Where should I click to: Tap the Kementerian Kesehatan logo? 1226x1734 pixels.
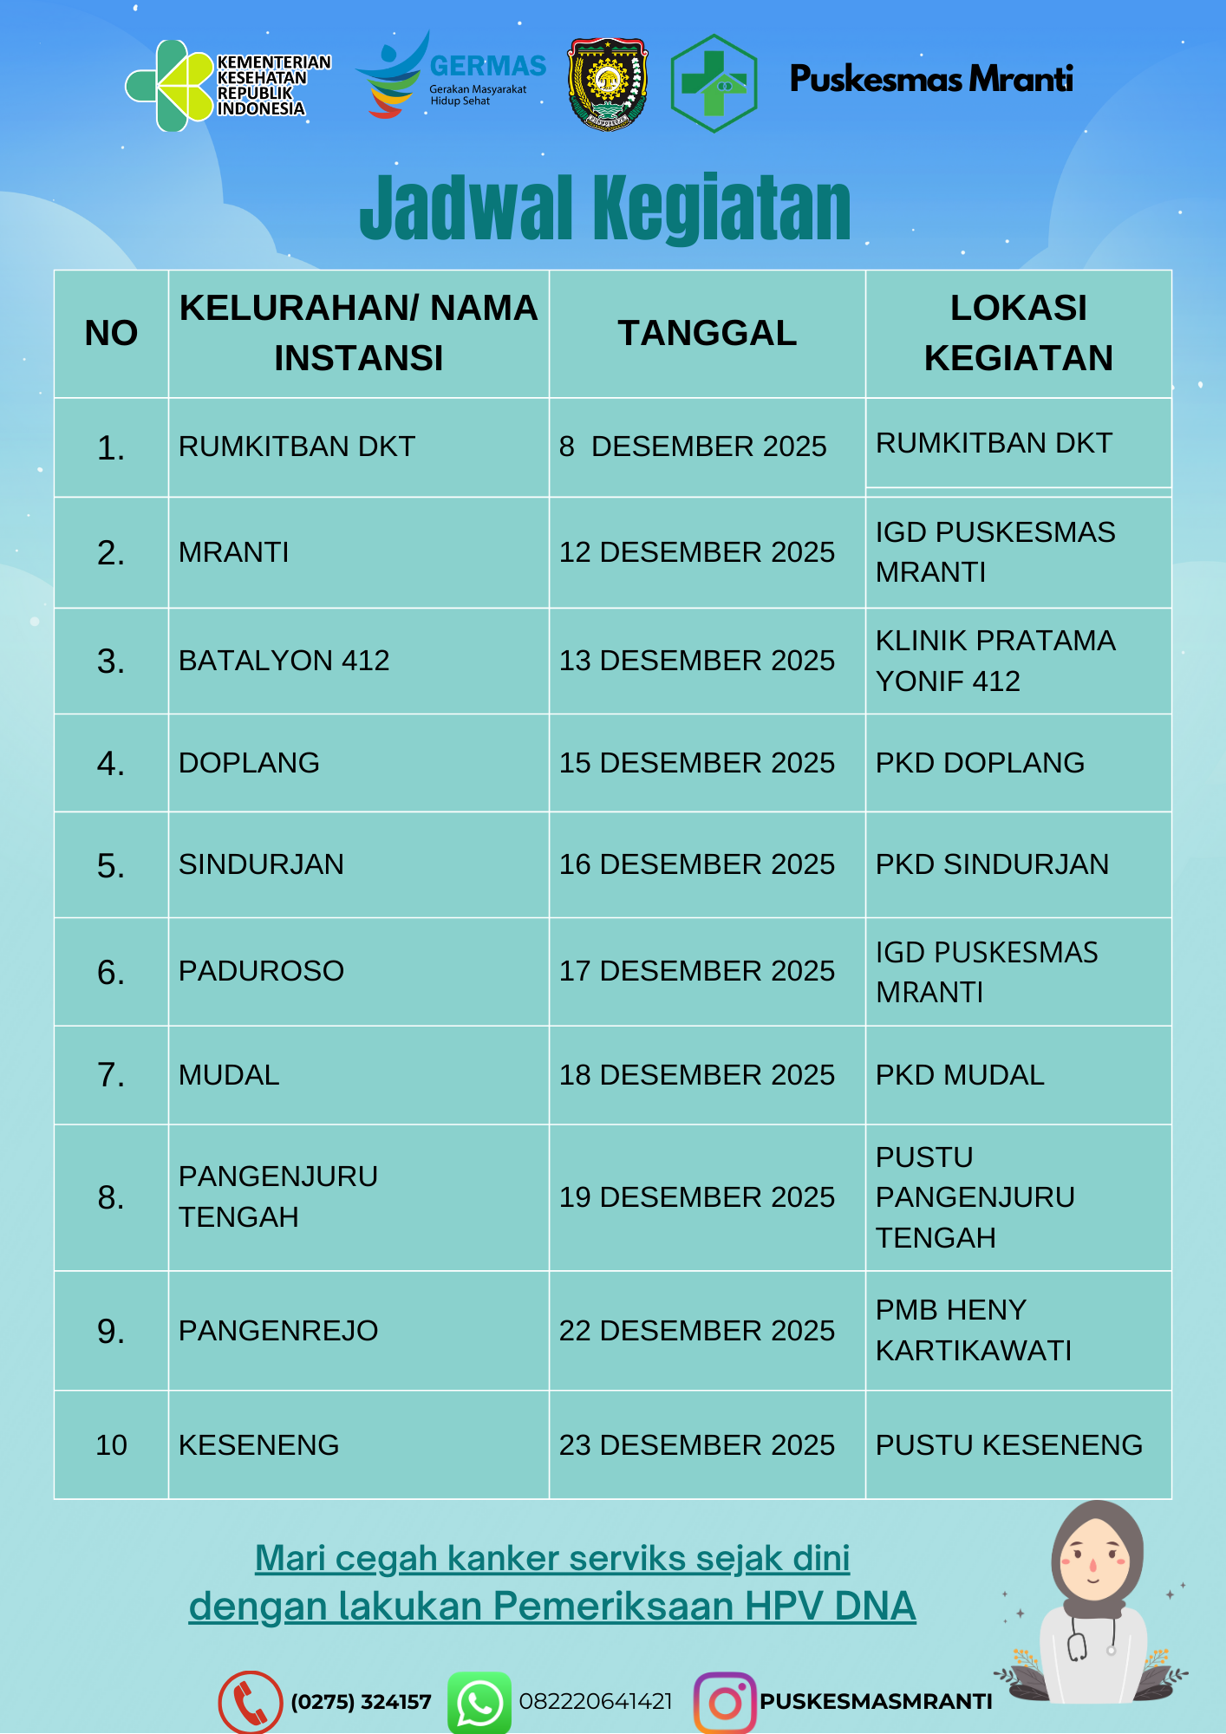coord(227,85)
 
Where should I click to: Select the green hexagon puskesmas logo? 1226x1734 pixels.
coord(714,83)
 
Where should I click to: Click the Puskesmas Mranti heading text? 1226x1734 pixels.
coord(930,79)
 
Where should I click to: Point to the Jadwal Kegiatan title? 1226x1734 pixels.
coord(605,208)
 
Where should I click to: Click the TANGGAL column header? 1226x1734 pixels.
coord(707,334)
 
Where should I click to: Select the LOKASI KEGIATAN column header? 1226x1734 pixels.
coord(1018,334)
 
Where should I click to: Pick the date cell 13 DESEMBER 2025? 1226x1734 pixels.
coord(696,661)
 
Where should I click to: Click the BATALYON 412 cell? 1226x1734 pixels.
coord(284,661)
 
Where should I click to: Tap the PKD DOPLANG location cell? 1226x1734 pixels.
coord(980,763)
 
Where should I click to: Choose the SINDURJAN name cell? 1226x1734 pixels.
coord(261,864)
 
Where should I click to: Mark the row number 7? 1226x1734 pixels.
coord(111,1075)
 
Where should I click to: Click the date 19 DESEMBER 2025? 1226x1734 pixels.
coord(696,1197)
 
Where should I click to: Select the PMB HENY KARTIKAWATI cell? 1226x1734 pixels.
coord(973,1330)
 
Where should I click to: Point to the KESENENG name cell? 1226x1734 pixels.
coord(258,1445)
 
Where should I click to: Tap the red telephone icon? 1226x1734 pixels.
coord(250,1702)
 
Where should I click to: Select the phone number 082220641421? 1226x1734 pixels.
coord(596,1702)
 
